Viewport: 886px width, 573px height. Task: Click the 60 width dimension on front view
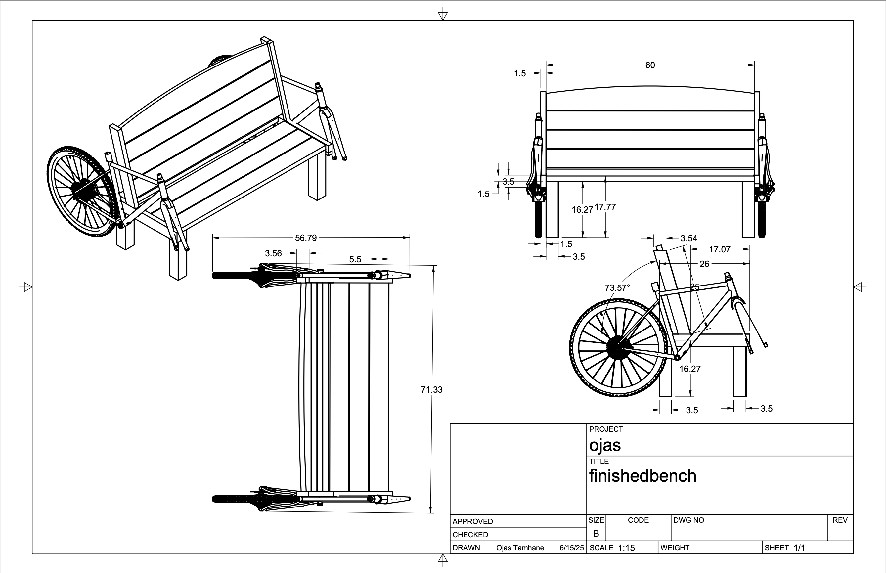click(650, 65)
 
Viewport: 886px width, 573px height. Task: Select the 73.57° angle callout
click(617, 287)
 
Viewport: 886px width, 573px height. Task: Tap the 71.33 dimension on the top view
click(431, 390)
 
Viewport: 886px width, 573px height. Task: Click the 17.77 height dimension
click(605, 207)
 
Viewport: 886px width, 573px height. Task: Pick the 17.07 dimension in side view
click(719, 249)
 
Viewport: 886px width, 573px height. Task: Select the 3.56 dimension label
click(273, 253)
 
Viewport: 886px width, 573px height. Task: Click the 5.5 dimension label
click(355, 259)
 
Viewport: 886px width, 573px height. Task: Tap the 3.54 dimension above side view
click(688, 238)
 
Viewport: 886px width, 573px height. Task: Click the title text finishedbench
click(642, 476)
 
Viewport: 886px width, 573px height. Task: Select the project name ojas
click(605, 445)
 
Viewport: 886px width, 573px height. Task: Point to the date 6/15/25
click(572, 548)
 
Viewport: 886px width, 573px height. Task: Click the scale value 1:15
click(626, 548)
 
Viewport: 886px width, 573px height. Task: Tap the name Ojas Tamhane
click(520, 548)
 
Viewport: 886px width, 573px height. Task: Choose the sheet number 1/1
click(799, 548)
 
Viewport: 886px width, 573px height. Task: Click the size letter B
click(596, 534)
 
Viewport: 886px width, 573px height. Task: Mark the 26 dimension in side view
click(704, 264)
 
